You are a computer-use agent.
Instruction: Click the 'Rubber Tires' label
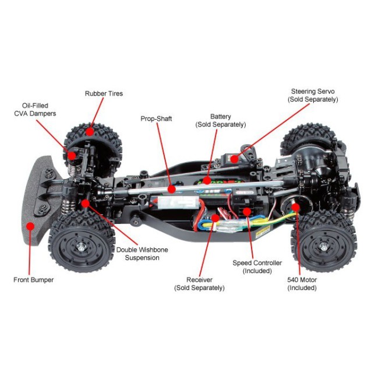coord(104,93)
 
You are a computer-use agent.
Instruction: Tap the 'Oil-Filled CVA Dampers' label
coord(35,109)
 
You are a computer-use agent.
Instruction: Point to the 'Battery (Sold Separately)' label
coord(220,121)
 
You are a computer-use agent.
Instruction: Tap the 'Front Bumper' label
coord(33,280)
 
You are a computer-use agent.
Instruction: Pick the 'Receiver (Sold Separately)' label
coord(199,283)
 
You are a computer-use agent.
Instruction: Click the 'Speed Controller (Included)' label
coord(257,267)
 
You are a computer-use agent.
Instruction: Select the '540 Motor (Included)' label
coord(302,283)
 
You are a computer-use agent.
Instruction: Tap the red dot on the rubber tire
coord(90,132)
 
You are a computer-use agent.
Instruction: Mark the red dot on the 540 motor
coord(295,206)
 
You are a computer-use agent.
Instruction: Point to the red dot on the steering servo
coord(234,158)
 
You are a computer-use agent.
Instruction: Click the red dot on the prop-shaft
coord(172,189)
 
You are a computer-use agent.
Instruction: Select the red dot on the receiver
coord(215,218)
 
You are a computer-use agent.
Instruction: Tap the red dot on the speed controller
coord(248,211)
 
